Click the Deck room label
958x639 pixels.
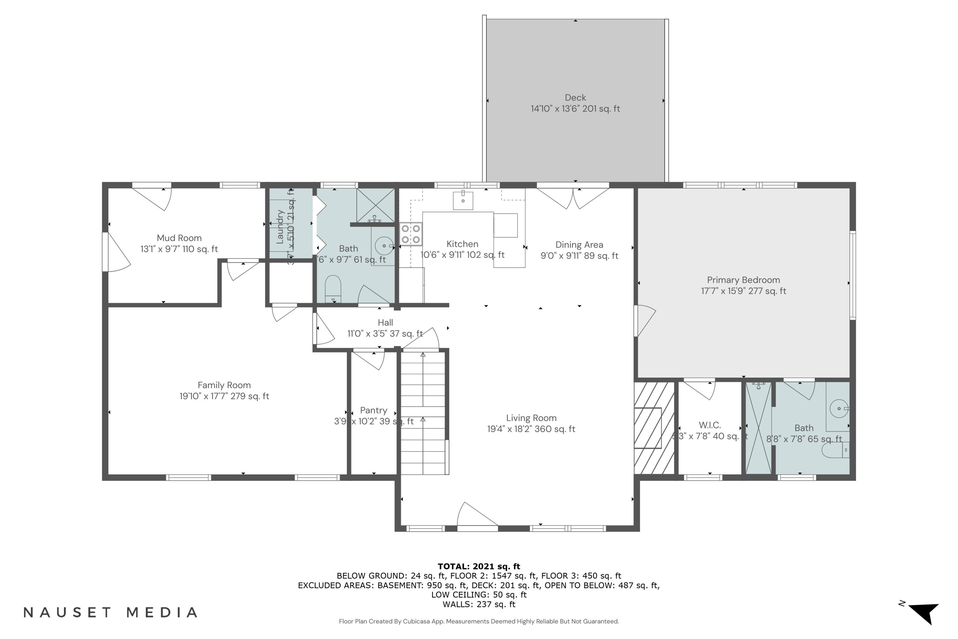pyautogui.click(x=575, y=98)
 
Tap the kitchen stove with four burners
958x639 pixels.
pyautogui.click(x=411, y=234)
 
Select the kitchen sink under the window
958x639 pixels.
pyautogui.click(x=463, y=200)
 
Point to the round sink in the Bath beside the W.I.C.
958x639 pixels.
pyautogui.click(x=839, y=408)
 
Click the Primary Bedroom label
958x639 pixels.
pyautogui.click(x=743, y=280)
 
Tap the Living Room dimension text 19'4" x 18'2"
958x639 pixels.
pyautogui.click(x=531, y=429)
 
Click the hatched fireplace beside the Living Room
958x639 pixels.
pyautogui.click(x=653, y=428)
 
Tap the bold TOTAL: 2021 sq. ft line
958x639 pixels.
pyautogui.click(x=479, y=566)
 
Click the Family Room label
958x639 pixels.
pyautogui.click(x=224, y=385)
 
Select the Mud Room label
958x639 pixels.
pyautogui.click(x=179, y=238)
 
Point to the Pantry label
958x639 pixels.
pyautogui.click(x=374, y=410)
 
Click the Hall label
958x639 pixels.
pyautogui.click(x=385, y=323)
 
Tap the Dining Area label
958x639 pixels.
pyautogui.click(x=579, y=245)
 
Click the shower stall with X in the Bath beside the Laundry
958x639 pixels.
pyautogui.click(x=376, y=205)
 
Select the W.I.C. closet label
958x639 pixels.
pyautogui.click(x=710, y=425)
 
